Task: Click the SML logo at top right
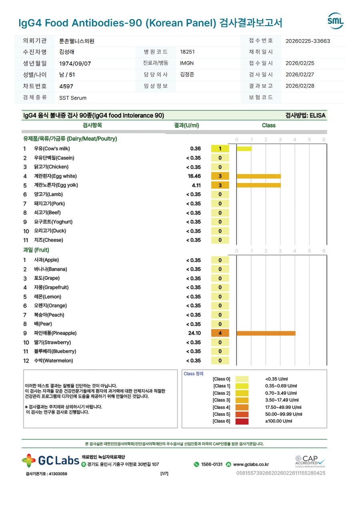coord(335,21)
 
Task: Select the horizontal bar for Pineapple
coord(266,333)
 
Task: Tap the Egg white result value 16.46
coord(194,176)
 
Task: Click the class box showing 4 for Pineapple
coord(220,333)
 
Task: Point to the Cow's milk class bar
coord(244,149)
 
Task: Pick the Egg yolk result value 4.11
coord(196,185)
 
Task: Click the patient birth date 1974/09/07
coord(75,64)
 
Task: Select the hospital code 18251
coord(187,52)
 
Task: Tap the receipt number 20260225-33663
coord(308,41)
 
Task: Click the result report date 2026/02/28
coord(300,86)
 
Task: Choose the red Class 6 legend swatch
coord(242,421)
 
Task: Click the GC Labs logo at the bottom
coord(50,460)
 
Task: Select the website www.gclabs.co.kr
coord(250,464)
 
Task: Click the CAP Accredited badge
coord(310,460)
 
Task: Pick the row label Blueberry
coord(55,352)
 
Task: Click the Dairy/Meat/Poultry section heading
coord(70,139)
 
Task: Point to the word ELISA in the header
coord(318,116)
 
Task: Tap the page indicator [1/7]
coord(164,474)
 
